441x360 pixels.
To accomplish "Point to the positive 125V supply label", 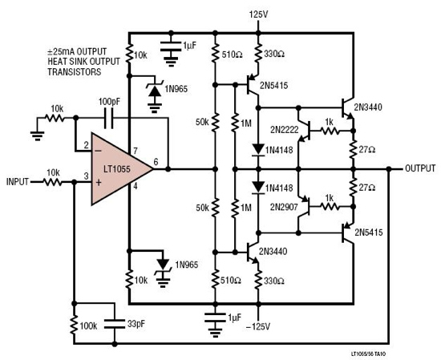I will pos(258,14).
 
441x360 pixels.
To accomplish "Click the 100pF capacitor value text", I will pos(111,102).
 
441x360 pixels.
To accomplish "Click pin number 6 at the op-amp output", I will pos(157,161).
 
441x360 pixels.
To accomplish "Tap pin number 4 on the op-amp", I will pos(135,187).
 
